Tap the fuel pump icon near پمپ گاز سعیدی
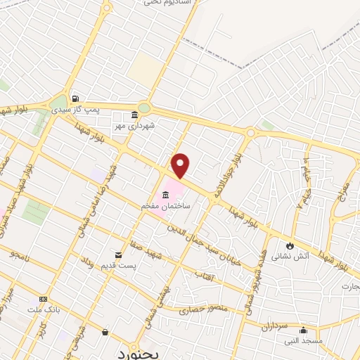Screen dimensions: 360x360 point(75,99)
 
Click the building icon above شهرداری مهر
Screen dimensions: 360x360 point(134,114)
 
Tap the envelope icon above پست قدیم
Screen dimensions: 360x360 point(118,255)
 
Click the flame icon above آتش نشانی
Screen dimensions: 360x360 point(289,246)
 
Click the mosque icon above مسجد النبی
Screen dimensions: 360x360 point(304,330)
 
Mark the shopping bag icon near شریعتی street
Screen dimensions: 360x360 point(105,332)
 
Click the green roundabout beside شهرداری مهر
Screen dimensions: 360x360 point(144,108)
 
